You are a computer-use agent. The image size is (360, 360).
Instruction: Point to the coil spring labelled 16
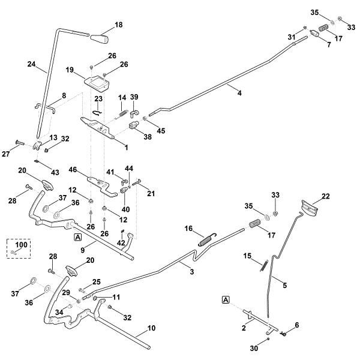pos(205,238)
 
